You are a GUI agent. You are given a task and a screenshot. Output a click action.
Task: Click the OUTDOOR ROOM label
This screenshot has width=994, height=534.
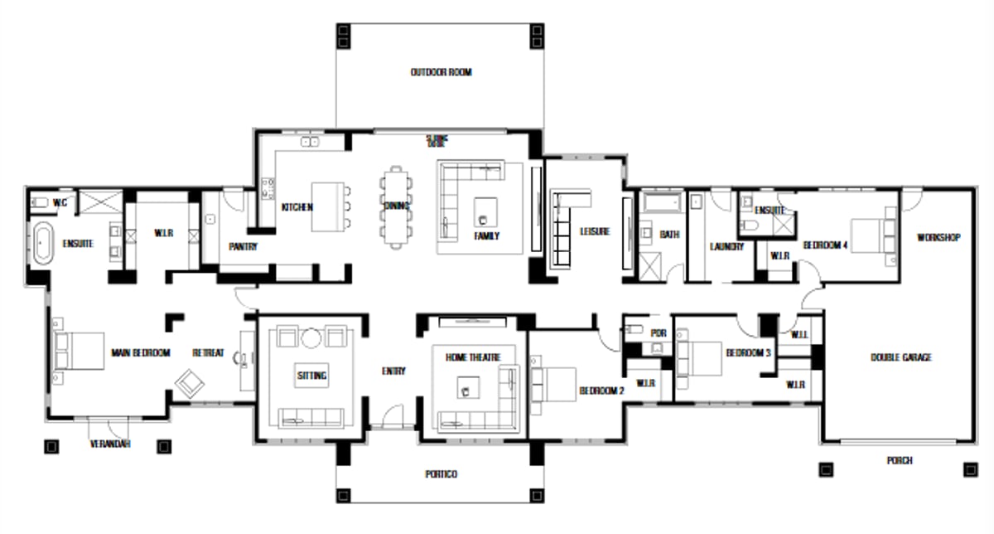click(x=441, y=73)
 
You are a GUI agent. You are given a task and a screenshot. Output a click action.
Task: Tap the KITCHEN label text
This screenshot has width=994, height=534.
click(x=297, y=207)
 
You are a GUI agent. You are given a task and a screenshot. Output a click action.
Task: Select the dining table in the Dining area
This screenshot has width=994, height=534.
click(x=397, y=206)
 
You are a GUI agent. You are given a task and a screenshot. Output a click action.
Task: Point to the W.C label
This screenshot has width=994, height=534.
click(x=60, y=202)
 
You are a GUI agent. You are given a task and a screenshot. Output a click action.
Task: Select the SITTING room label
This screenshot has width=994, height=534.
click(x=311, y=376)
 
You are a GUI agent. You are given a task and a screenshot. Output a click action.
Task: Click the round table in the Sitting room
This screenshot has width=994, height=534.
click(x=311, y=338)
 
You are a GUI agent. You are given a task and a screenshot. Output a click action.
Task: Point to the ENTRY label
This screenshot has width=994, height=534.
click(x=393, y=371)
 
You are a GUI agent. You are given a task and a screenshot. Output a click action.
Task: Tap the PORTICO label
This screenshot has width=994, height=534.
click(x=441, y=474)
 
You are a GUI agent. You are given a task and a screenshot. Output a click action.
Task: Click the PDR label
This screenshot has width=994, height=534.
click(x=659, y=333)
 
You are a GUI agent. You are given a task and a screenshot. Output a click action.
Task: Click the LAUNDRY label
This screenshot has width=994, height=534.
click(x=726, y=246)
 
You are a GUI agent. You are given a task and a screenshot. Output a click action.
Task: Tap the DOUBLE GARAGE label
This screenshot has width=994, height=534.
click(x=900, y=357)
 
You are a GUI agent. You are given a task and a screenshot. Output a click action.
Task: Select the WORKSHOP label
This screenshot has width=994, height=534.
click(x=938, y=238)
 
